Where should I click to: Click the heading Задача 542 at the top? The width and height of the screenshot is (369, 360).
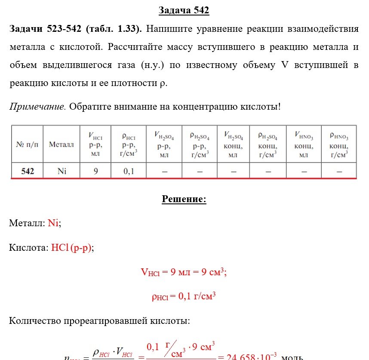point(184,10)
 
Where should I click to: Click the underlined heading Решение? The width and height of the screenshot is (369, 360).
point(184,199)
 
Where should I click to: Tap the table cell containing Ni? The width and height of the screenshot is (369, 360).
point(61,171)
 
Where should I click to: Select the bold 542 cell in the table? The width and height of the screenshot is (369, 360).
point(28,171)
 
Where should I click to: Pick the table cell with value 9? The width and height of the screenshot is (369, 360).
point(95,171)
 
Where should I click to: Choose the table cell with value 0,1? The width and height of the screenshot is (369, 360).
point(129,171)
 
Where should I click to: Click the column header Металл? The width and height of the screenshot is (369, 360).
point(61,144)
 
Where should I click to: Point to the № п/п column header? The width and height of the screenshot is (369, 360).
point(27,144)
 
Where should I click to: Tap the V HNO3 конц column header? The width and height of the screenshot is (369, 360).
point(304,144)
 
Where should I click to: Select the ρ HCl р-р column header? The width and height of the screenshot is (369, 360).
point(129,144)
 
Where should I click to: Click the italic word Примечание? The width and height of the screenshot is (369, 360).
point(37,106)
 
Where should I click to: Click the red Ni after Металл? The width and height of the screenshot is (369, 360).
point(53,223)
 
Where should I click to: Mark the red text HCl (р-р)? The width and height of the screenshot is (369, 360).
point(71,248)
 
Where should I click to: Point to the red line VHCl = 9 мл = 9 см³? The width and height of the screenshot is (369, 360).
point(184,272)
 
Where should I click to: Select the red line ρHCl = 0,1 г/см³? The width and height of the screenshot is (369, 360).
point(184,296)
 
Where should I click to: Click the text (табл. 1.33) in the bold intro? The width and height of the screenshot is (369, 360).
point(114,29)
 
